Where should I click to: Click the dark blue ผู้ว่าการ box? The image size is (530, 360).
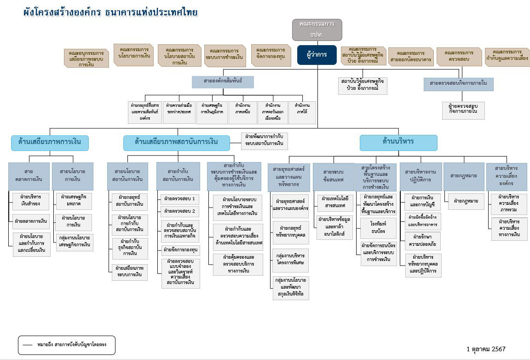click(317, 55)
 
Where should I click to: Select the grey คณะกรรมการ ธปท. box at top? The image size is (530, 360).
click(317, 30)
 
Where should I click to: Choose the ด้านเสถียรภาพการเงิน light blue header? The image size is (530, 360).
click(50, 142)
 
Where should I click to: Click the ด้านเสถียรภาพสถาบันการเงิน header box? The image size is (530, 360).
click(176, 142)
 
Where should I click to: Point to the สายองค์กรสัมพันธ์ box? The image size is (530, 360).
click(223, 81)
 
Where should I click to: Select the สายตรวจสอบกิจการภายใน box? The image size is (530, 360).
click(458, 84)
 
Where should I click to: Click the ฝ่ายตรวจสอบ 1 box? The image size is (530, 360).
click(180, 199)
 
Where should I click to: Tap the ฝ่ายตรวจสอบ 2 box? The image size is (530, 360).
click(180, 211)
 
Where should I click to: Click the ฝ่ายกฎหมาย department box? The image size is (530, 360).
click(466, 201)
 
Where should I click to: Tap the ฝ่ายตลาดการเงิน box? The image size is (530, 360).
click(31, 221)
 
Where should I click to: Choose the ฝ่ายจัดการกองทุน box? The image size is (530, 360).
click(180, 250)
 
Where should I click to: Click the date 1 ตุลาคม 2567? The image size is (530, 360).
click(486, 349)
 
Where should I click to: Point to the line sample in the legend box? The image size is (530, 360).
click(28, 345)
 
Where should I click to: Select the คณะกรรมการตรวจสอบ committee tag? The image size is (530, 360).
click(459, 56)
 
